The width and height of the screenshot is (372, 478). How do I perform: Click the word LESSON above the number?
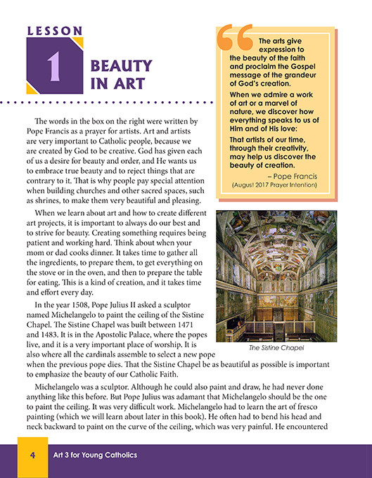click(55, 31)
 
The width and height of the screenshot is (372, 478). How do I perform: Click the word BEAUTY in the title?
click(121, 67)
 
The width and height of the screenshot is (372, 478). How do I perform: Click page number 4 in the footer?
click(32, 456)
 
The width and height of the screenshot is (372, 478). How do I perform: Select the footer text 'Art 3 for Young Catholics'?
click(96, 456)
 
